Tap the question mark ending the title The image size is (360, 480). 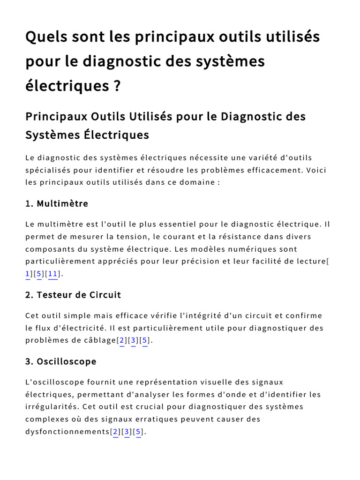[x=117, y=86]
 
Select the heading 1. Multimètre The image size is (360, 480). [x=57, y=203]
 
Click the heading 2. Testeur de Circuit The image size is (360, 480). [x=73, y=295]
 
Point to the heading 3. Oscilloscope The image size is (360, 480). [x=61, y=361]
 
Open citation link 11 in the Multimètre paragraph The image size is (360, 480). [x=52, y=274]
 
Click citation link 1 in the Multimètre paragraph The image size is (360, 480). [x=28, y=274]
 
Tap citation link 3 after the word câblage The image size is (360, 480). [x=134, y=341]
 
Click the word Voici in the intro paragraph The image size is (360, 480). [x=316, y=170]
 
